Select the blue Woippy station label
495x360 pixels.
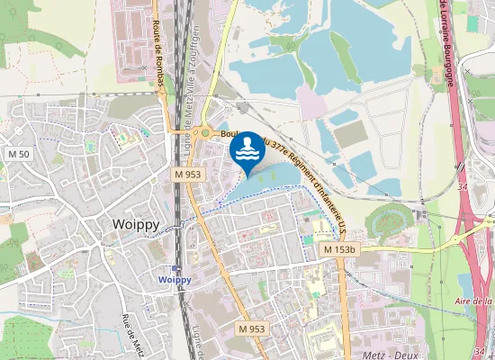(x=175, y=280)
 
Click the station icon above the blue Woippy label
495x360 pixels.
(x=176, y=268)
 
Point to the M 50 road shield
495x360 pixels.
(x=19, y=155)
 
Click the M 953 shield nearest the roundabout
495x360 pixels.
(x=188, y=174)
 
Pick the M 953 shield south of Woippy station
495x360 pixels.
(x=251, y=329)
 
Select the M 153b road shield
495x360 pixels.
(x=339, y=248)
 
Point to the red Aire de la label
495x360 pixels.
(x=473, y=301)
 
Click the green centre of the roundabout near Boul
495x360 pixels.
(x=206, y=133)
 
